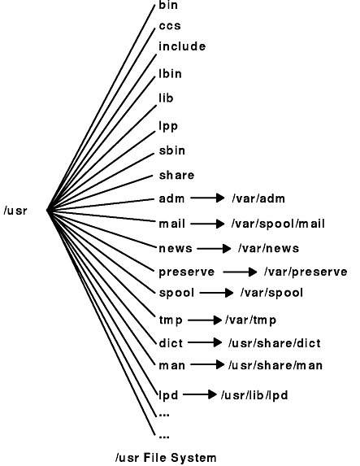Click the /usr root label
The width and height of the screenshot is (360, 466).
click(x=15, y=211)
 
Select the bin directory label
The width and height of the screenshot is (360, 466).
click(x=168, y=5)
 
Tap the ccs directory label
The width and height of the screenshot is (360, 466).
click(x=170, y=26)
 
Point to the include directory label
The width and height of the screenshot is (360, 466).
click(x=182, y=46)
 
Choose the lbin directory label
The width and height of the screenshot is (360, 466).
click(x=170, y=73)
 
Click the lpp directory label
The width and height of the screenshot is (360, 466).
click(x=168, y=127)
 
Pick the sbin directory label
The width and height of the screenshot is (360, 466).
click(x=172, y=150)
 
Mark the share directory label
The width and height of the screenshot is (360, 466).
click(x=176, y=175)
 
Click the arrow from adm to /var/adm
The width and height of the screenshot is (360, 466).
click(x=207, y=198)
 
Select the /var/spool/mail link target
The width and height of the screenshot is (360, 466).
click(x=278, y=224)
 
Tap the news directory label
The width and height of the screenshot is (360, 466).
click(x=176, y=249)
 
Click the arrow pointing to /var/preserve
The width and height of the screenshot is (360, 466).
click(x=240, y=272)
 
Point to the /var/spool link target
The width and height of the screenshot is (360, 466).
click(x=271, y=293)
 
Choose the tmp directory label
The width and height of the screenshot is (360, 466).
click(x=171, y=320)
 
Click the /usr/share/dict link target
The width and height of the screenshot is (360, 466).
click(x=275, y=343)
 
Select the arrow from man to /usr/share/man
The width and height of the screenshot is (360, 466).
click(x=207, y=364)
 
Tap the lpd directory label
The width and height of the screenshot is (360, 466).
click(x=168, y=395)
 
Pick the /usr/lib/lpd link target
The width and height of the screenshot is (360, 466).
click(x=254, y=395)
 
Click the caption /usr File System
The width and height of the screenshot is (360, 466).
click(x=166, y=458)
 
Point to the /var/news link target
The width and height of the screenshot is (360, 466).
click(x=268, y=249)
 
